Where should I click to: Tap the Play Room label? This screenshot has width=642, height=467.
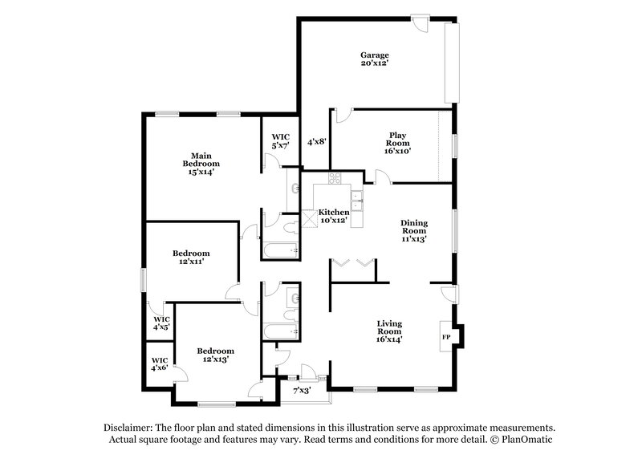(x=397, y=143)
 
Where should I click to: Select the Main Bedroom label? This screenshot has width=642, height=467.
(x=200, y=163)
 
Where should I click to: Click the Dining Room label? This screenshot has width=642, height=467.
(x=413, y=231)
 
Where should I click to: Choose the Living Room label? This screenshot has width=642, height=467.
(x=390, y=331)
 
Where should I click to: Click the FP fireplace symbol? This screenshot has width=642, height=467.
(x=446, y=336)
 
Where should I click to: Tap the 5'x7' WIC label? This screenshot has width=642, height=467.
(x=280, y=141)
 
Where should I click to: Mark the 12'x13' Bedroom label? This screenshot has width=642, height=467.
(x=215, y=355)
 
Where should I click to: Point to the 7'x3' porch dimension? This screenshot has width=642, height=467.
(x=302, y=391)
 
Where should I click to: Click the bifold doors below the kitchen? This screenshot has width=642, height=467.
(x=352, y=262)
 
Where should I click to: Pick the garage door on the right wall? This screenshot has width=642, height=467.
(x=452, y=63)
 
